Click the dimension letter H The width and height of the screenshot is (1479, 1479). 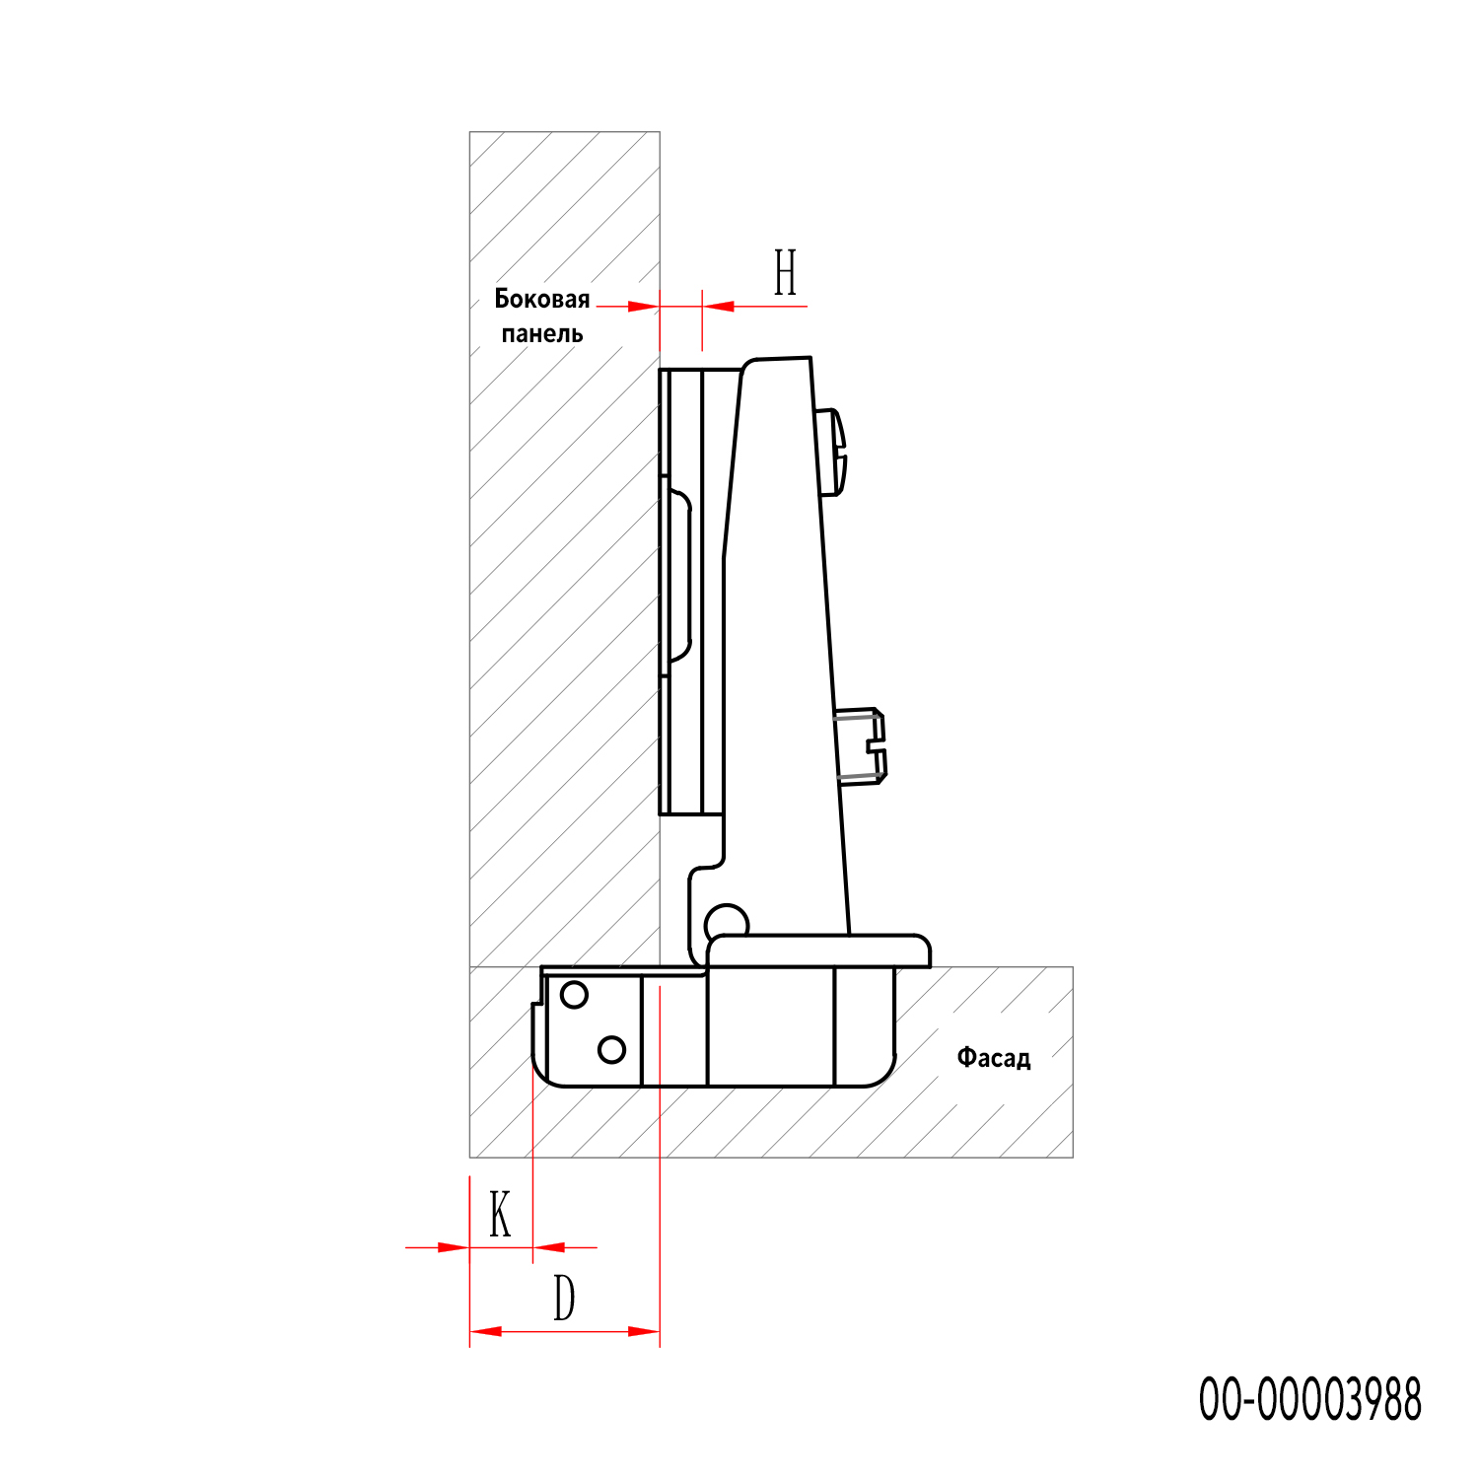[785, 272]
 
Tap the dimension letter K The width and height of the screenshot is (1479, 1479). [501, 1214]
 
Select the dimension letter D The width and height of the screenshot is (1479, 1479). [564, 1298]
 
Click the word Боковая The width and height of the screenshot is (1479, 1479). [542, 299]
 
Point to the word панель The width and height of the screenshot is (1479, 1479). [542, 334]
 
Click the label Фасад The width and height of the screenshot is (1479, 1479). [994, 1059]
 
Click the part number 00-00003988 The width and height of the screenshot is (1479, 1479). [1310, 1399]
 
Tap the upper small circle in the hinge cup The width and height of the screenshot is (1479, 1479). [574, 995]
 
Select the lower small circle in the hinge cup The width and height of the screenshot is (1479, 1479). [612, 1049]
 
